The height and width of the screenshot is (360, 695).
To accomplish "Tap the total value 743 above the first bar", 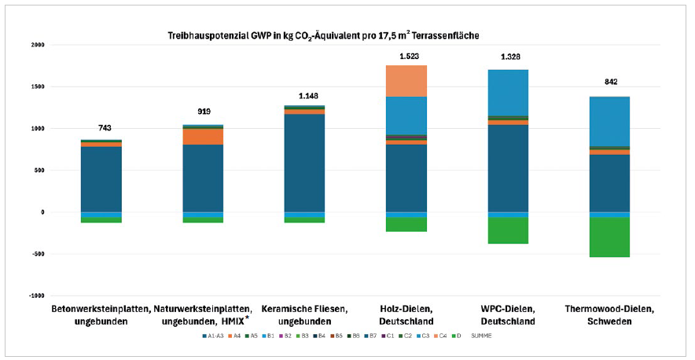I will click(105, 127).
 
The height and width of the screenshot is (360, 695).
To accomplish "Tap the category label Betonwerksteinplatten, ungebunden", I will click(101, 315).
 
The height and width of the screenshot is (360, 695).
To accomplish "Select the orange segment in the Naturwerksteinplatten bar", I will click(204, 136).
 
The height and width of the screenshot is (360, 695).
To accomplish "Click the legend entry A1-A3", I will click(212, 336).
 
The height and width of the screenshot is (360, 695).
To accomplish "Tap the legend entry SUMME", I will click(481, 336).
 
